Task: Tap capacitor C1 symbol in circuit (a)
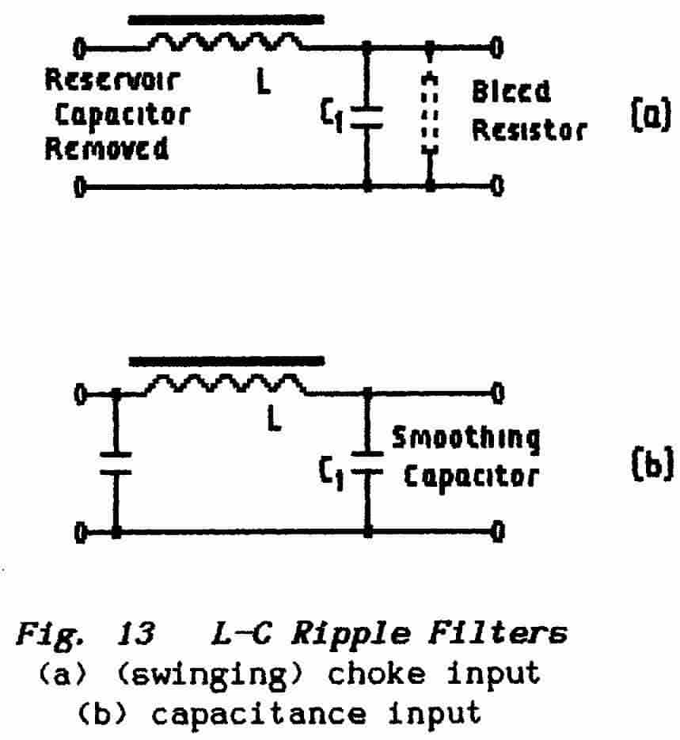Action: coord(366,116)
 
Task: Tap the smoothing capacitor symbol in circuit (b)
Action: coord(366,462)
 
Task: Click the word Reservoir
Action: coord(112,81)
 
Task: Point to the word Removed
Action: coord(106,148)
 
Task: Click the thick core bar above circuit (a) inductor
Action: coord(226,17)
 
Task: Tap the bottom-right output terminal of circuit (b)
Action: coord(496,532)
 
